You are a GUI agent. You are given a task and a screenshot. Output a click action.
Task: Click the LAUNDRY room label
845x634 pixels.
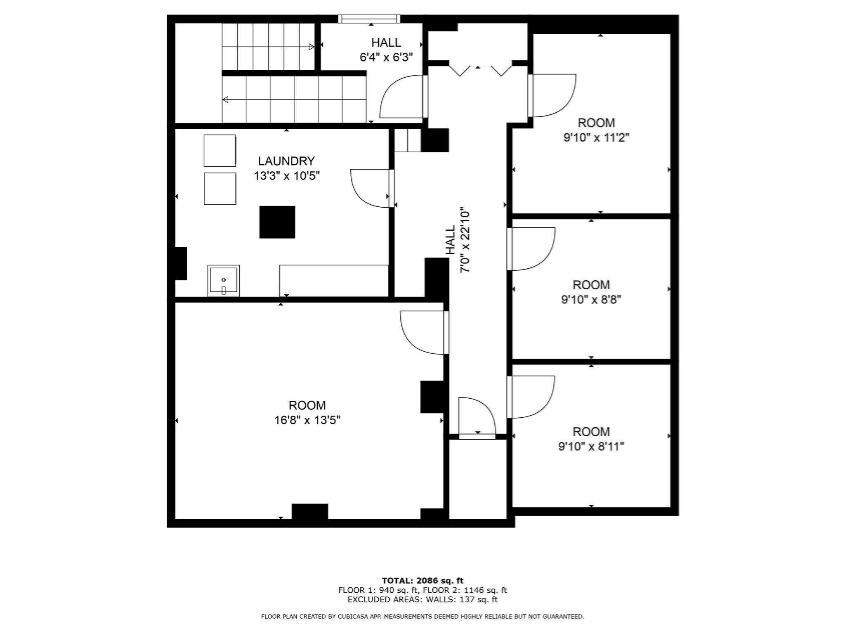pos(286,161)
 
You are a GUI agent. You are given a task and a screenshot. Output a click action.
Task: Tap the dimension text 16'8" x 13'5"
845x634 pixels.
pos(307,420)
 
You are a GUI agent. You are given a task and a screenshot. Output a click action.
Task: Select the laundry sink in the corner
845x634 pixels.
pos(224,281)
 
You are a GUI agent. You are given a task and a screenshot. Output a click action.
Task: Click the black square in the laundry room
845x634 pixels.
pos(277,222)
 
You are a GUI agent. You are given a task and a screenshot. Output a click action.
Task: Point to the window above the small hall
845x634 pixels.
pos(369,19)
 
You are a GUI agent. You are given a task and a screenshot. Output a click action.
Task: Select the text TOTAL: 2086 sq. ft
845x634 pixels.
pos(422,581)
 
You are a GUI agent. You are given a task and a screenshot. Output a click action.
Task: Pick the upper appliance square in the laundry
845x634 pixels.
pos(220,151)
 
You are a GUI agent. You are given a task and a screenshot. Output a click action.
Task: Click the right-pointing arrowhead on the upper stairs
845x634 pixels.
pos(312,47)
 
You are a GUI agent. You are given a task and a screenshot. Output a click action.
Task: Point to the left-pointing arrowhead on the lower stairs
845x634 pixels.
pos(225,99)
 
